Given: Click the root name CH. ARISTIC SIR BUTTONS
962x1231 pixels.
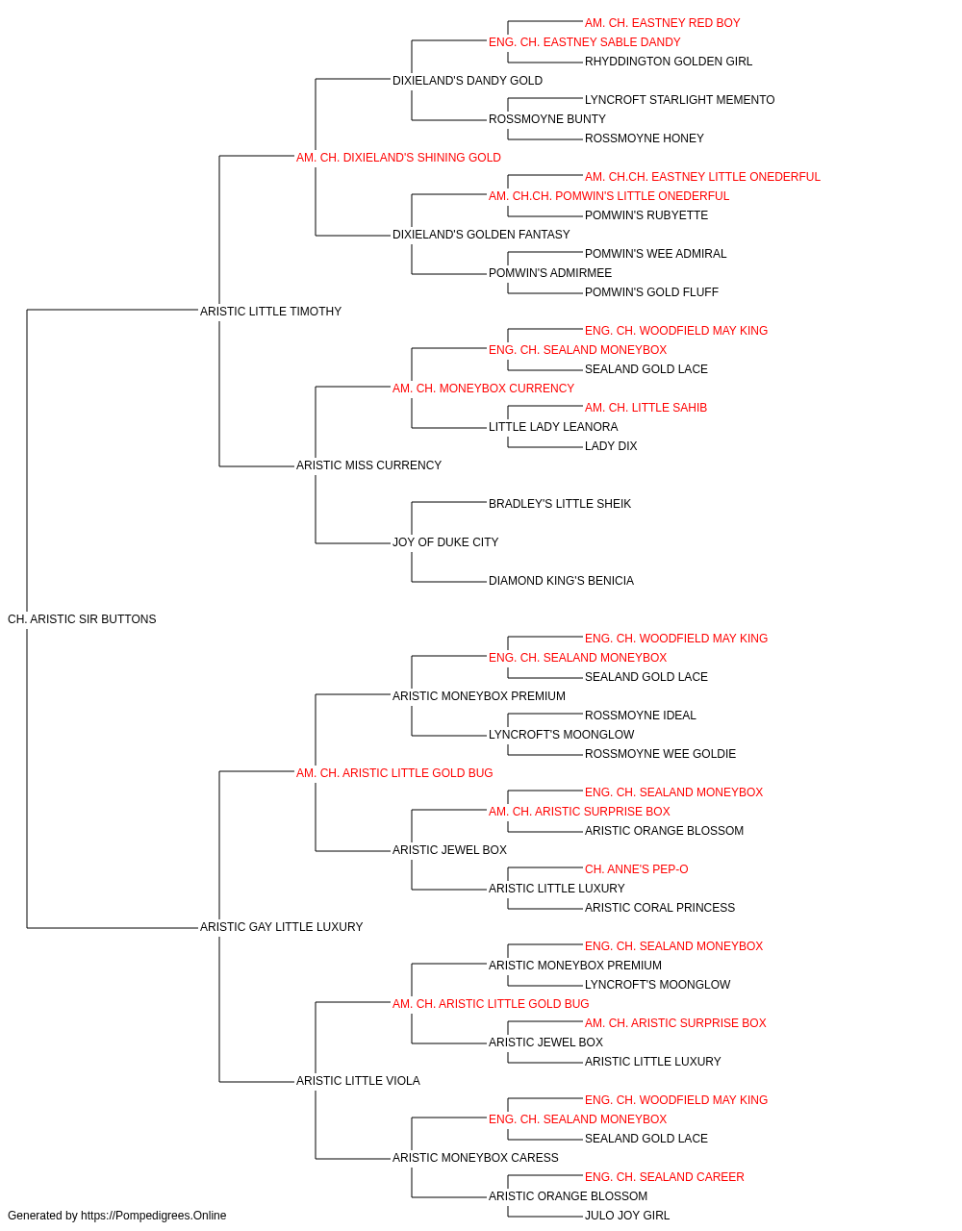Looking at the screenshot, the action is pos(82,619).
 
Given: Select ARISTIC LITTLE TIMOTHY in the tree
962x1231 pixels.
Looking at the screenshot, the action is pos(270,312).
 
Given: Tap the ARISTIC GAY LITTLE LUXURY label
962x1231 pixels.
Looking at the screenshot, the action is pos(281,927).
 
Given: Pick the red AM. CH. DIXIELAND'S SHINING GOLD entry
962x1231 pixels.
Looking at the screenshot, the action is pos(398,158).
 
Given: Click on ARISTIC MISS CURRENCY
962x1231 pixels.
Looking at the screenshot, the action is pos(368,465).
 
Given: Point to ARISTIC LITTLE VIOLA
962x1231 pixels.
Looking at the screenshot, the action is pos(358,1081).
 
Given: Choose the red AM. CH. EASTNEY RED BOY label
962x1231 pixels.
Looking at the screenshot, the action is pos(662,23).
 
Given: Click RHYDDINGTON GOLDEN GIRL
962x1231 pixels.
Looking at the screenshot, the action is pos(668,62).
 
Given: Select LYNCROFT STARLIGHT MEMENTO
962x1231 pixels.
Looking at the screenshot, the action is pos(679,100).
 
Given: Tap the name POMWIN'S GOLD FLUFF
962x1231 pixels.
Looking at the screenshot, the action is pos(651,292).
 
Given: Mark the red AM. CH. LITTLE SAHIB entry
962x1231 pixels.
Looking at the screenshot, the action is pos(646,408).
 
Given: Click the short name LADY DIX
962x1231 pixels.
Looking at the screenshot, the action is pos(611,446).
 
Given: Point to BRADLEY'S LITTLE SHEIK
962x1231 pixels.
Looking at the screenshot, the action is pos(559,504).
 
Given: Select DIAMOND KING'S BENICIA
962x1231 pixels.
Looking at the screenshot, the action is pos(561,581).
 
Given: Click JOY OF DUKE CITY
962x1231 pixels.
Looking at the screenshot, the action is pos(445,542).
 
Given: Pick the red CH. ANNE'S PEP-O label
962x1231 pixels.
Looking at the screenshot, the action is pos(636,869).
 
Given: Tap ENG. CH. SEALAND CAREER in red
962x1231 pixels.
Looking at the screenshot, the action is pos(664,1176).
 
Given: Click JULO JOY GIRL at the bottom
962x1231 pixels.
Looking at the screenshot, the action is pos(626,1216).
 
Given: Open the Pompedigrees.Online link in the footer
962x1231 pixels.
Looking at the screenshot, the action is pos(153,1216).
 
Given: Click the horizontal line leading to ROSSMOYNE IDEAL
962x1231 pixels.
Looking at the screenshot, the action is pos(545,714).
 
